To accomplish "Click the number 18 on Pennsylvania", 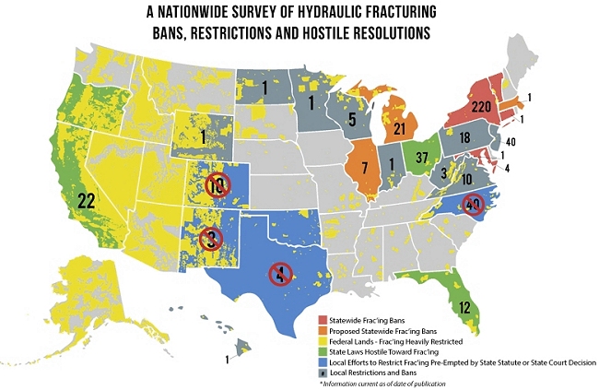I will coord(465,136).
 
